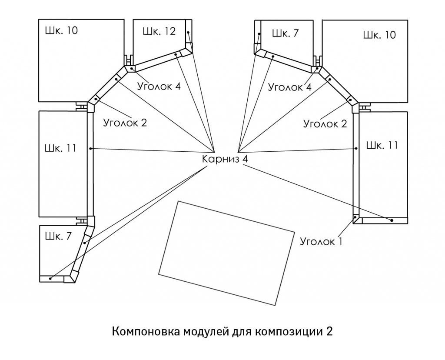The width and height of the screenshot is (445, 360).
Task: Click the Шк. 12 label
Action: point(159,31)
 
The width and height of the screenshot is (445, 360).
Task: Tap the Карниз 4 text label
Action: point(225,159)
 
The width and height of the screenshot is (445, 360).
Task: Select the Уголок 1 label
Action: point(321,241)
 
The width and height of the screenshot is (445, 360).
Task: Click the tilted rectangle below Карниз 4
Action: point(226,253)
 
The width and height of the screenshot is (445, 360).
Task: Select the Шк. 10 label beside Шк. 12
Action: point(61,30)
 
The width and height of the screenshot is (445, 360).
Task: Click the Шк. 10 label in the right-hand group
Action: point(379,35)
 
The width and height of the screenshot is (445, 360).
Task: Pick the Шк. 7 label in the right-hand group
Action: point(286,33)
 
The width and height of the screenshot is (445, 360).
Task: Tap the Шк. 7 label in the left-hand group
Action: point(58,236)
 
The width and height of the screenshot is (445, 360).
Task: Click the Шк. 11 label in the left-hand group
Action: point(60,148)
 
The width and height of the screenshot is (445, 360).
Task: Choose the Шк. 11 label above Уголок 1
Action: point(382,145)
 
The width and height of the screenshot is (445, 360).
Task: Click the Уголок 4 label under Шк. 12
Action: point(159,86)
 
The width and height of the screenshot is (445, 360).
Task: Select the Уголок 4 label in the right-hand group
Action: point(290,87)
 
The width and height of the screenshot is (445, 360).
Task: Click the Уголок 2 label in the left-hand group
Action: point(125,123)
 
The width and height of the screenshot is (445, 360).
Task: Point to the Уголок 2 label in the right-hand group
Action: point(325,123)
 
